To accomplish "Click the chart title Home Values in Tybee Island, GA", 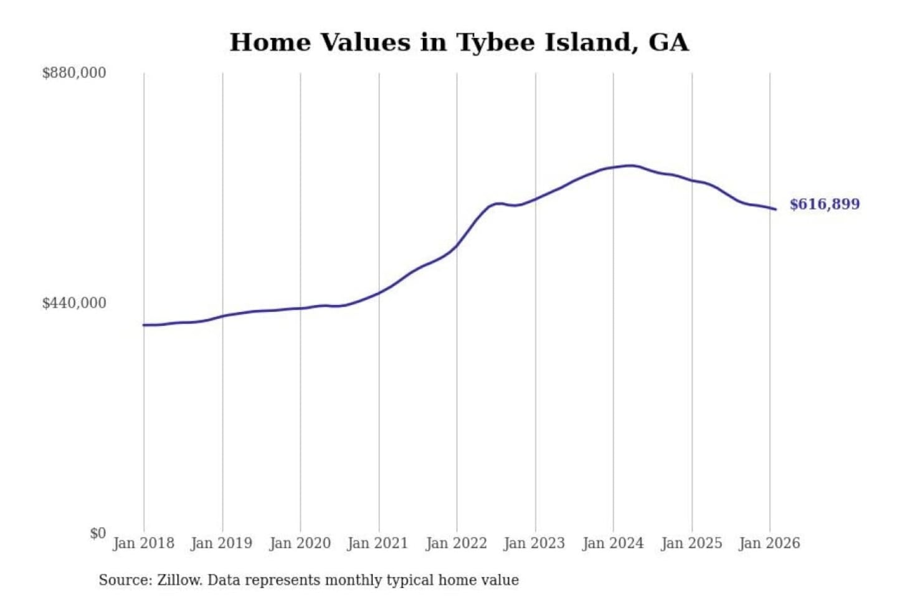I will pyautogui.click(x=459, y=42).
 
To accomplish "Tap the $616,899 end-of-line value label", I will pyautogui.click(x=824, y=204).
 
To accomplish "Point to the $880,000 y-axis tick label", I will pyautogui.click(x=74, y=73).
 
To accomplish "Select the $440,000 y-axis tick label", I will pyautogui.click(x=74, y=303).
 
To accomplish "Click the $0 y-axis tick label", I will pyautogui.click(x=98, y=533).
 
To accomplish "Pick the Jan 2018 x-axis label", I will pyautogui.click(x=143, y=543).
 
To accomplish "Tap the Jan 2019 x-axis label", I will pyautogui.click(x=221, y=543).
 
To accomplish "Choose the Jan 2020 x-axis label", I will pyautogui.click(x=300, y=543).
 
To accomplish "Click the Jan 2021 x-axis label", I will pyautogui.click(x=377, y=543).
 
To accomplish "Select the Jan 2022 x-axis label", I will pyautogui.click(x=456, y=543).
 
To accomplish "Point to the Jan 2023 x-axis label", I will pyautogui.click(x=534, y=543).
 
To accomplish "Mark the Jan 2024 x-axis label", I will pyautogui.click(x=612, y=543).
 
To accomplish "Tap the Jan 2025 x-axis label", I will pyautogui.click(x=691, y=543).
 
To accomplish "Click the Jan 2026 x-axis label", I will pyautogui.click(x=769, y=543).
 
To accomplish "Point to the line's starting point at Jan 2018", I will pyautogui.click(x=144, y=325).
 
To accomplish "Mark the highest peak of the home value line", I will pyautogui.click(x=630, y=166).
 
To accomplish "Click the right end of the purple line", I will pyautogui.click(x=776, y=209).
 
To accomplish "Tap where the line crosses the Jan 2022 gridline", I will pyautogui.click(x=457, y=245).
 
